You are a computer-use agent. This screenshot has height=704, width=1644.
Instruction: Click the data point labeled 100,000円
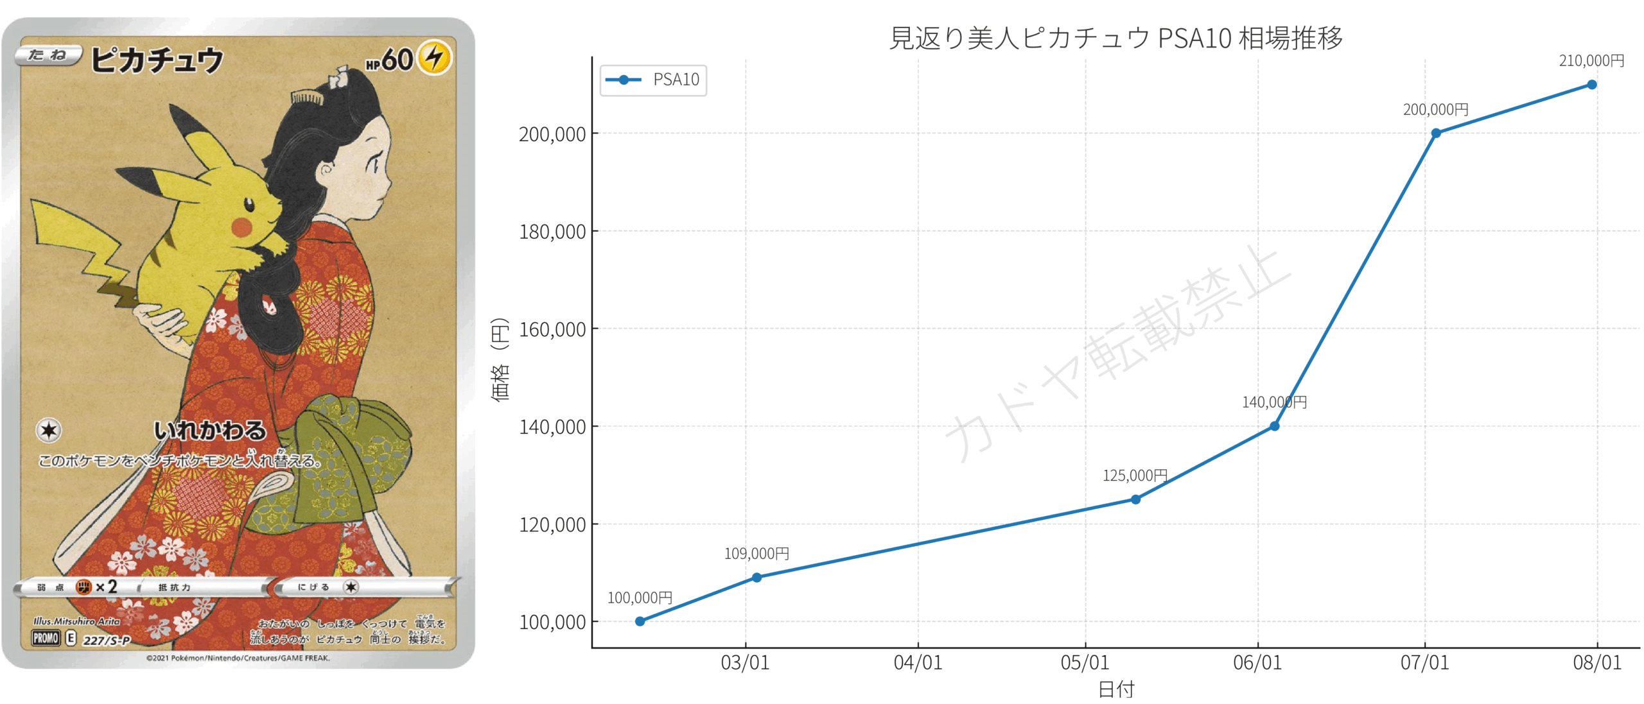640,621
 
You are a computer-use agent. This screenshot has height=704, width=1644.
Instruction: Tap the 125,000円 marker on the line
1135,499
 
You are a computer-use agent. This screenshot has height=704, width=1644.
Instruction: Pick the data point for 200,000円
1436,133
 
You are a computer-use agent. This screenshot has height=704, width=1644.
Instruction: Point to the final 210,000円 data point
1592,85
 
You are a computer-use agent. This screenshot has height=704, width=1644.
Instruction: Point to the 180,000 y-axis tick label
552,232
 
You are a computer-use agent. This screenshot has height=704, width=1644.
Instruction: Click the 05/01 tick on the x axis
1085,662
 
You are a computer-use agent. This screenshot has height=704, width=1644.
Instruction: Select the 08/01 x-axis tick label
1597,662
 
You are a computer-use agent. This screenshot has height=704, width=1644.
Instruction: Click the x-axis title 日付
1116,689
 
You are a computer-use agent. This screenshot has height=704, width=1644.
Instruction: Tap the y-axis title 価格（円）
500,359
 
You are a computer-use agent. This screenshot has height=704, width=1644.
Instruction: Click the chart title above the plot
1115,38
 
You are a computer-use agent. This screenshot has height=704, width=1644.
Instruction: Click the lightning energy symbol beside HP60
435,58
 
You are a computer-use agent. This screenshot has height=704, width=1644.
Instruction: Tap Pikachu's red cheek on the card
242,227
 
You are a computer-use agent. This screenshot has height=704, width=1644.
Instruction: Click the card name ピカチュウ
157,60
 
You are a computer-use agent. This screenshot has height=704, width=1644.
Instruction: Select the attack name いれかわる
209,430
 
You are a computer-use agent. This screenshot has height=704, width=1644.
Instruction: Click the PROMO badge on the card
46,638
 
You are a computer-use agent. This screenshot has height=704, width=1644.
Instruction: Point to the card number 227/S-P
107,640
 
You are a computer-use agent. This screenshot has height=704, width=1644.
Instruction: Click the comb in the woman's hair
306,98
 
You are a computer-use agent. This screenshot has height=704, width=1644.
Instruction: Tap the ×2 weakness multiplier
107,587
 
